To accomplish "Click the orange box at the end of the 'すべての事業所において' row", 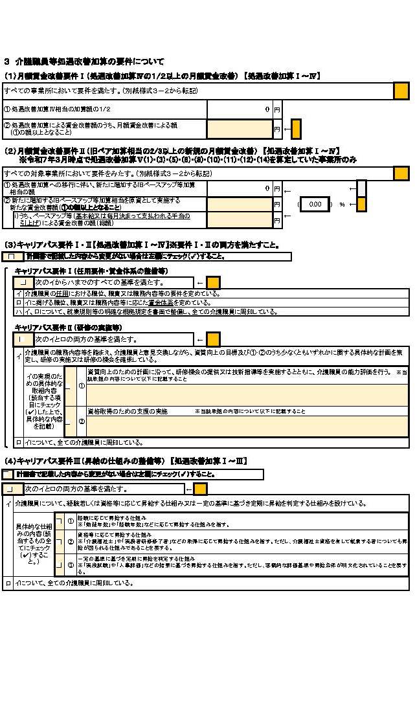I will pyautogui.click(x=401, y=91).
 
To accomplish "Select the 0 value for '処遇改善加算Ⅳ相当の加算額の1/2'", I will pyautogui.click(x=267, y=110).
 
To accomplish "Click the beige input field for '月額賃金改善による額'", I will pyautogui.click(x=239, y=129).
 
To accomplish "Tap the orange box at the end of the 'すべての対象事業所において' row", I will pyautogui.click(x=401, y=173).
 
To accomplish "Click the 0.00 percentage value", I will pyautogui.click(x=315, y=204).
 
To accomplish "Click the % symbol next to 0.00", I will pyautogui.click(x=342, y=204).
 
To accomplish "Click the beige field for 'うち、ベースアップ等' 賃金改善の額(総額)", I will pyautogui.click(x=239, y=219).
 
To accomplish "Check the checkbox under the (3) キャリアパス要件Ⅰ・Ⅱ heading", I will pyautogui.click(x=10, y=256).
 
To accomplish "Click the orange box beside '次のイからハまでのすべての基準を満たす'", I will pyautogui.click(x=213, y=283).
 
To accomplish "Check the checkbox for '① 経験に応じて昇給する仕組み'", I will pyautogui.click(x=59, y=521).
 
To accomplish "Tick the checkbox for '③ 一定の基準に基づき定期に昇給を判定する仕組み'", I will pyautogui.click(x=59, y=565).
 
